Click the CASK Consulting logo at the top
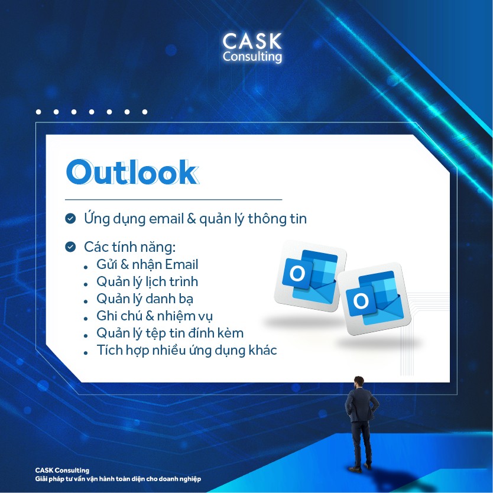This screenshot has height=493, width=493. click(x=252, y=48)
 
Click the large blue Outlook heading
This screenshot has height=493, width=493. click(x=132, y=172)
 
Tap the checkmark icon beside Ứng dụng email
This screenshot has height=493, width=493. click(x=70, y=218)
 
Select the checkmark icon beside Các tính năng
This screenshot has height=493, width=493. click(x=70, y=247)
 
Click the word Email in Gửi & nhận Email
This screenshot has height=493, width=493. click(x=181, y=264)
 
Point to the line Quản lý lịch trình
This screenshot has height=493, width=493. click(x=147, y=282)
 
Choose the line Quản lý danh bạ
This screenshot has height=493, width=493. click(x=145, y=299)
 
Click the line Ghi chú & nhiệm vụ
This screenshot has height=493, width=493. click(x=155, y=316)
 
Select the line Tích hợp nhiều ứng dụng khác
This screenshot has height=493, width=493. click(x=187, y=351)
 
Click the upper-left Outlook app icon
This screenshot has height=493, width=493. click(x=310, y=276)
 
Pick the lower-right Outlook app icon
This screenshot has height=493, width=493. click(x=374, y=299)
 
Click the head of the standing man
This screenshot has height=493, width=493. click(x=359, y=382)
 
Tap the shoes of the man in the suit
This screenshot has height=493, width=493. click(x=361, y=467)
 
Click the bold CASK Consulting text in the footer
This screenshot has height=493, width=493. click(x=62, y=471)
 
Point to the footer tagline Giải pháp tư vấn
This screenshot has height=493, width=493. click(x=118, y=479)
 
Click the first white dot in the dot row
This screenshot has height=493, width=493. click(x=38, y=112)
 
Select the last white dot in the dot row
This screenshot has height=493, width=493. click(x=145, y=112)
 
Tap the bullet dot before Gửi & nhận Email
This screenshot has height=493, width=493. click(x=86, y=267)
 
